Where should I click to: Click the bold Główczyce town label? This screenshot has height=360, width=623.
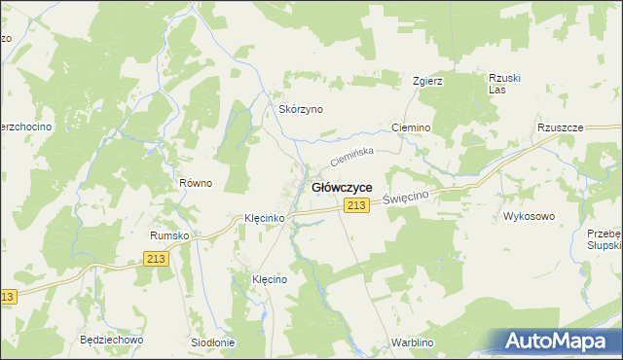[340, 187]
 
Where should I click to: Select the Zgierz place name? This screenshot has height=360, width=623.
[427, 81]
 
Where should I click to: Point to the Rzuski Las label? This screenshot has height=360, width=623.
[499, 84]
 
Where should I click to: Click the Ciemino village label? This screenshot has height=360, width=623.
[410, 127]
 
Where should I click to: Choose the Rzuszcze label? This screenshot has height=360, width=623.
[560, 127]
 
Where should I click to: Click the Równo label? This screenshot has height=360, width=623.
[196, 183]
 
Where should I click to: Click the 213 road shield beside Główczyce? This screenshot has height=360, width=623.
[355, 204]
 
